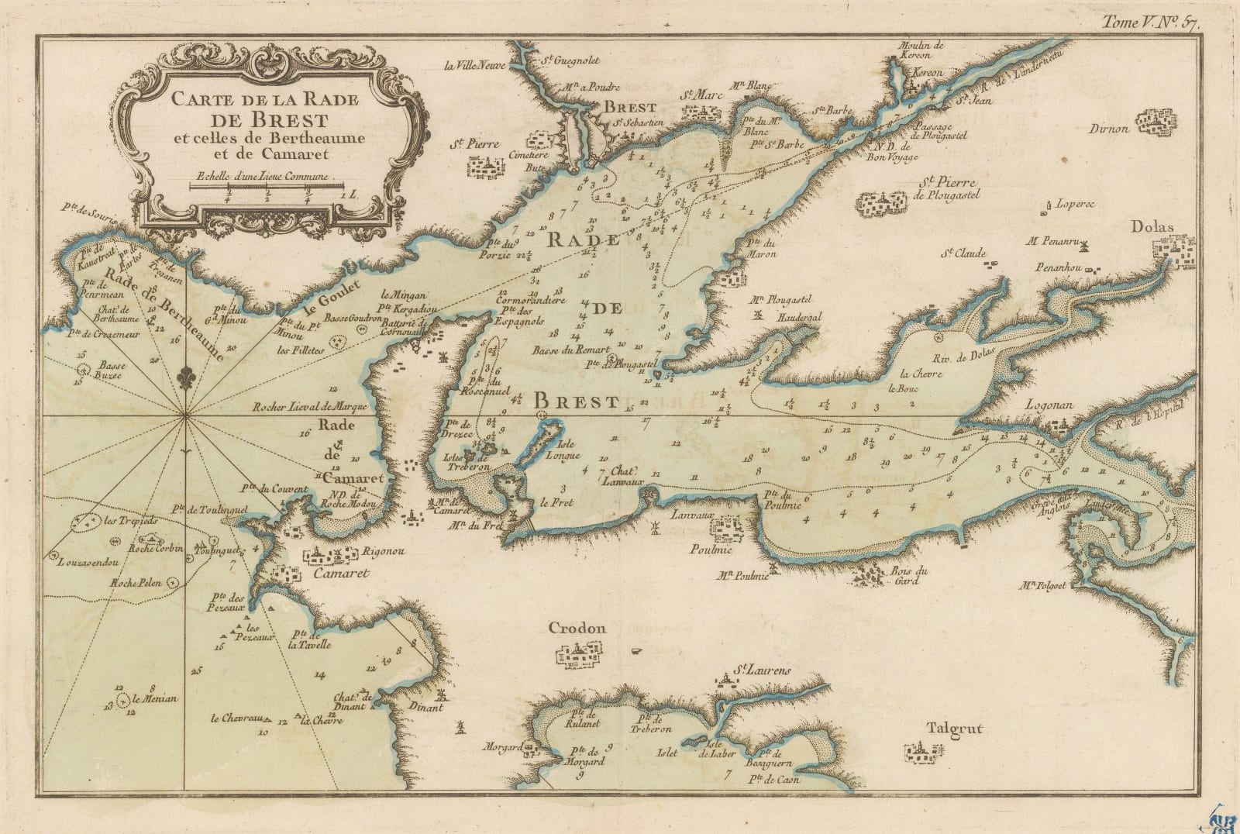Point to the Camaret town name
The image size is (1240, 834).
pos(339,574)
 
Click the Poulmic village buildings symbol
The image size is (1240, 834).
pos(726,529)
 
